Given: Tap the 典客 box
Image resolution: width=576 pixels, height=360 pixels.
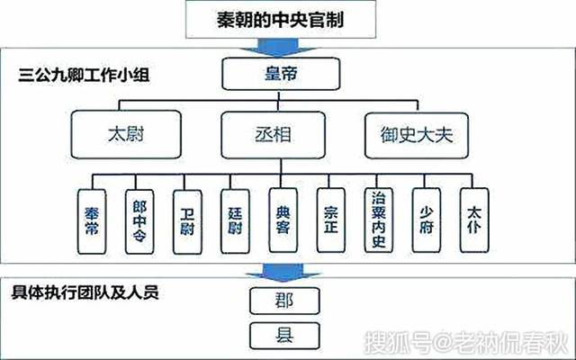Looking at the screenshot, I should click(283, 217).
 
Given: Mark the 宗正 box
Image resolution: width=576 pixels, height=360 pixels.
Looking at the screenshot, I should click(330, 217).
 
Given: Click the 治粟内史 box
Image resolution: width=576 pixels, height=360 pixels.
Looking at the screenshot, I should click(379, 216).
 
